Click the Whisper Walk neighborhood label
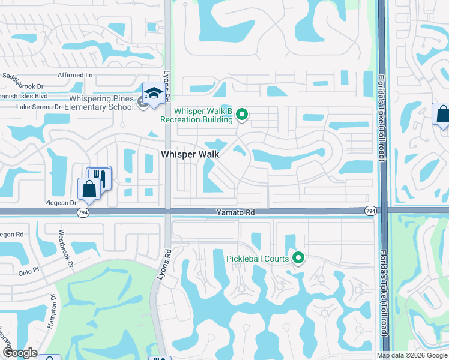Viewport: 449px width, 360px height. click(190, 154)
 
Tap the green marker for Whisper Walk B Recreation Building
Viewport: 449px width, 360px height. click(242, 114)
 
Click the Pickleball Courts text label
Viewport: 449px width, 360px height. click(258, 259)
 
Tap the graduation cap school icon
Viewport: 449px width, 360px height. click(154, 94)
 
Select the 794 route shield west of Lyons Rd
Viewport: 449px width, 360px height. click(82, 212)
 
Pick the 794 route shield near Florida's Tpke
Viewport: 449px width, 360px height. click(370, 210)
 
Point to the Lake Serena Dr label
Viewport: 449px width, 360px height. click(39, 107)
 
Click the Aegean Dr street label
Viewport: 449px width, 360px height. click(62, 203)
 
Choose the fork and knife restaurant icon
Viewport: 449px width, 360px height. click(100, 177)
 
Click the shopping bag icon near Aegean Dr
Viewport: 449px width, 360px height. click(89, 188)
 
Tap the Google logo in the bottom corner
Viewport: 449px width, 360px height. click(20, 353)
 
